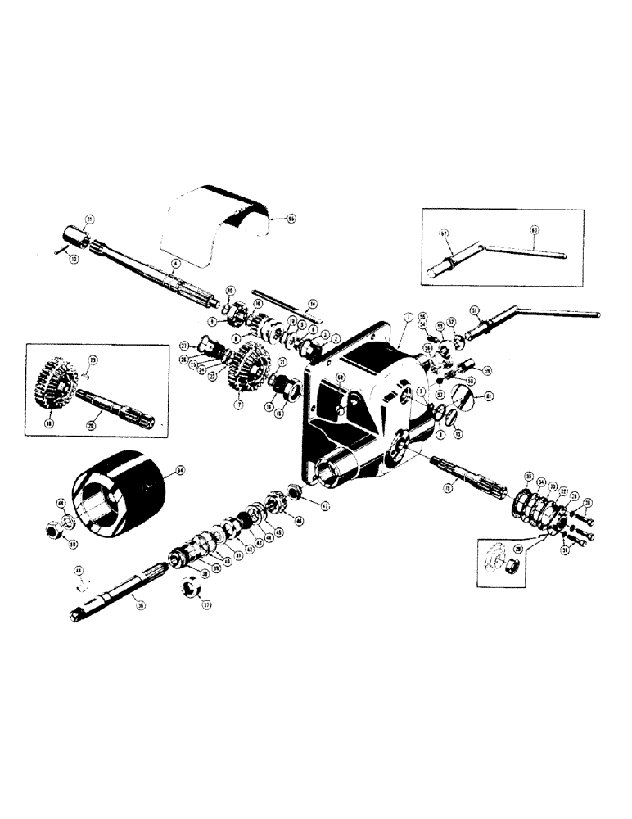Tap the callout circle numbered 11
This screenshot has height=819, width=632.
(x=90, y=219)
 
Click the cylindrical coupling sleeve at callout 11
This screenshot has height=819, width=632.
(x=79, y=238)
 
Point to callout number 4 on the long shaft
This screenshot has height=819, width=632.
(x=174, y=264)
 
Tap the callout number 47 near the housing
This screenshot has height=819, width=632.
(x=324, y=507)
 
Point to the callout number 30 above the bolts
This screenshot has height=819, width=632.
(x=587, y=502)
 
